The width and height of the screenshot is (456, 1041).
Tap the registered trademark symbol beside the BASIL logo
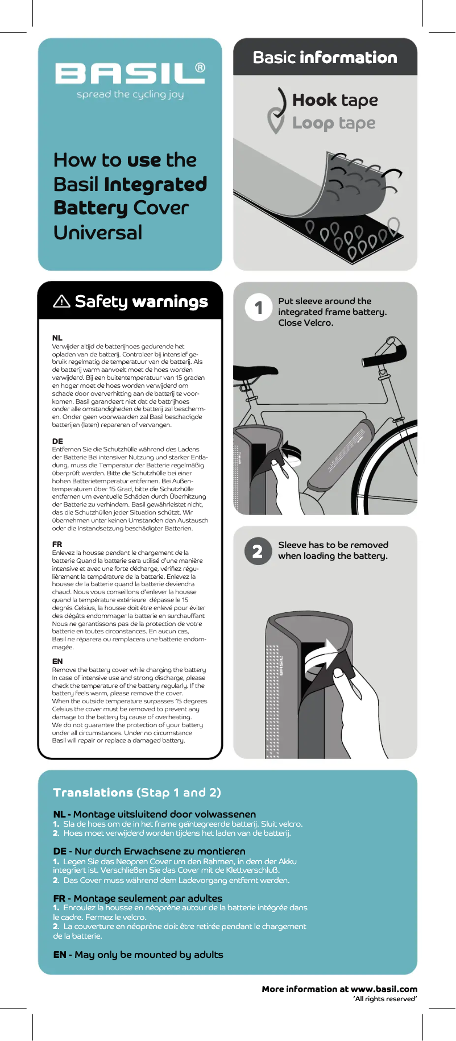tap(200, 68)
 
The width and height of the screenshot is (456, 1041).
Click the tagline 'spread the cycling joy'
tap(130, 94)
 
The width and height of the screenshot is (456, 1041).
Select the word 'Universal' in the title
tap(98, 233)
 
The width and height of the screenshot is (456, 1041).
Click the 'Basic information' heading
tap(325, 57)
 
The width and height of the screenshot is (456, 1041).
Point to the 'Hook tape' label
tap(335, 100)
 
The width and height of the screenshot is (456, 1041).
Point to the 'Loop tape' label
tap(334, 123)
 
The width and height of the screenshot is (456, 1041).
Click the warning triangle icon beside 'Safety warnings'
tap(61, 301)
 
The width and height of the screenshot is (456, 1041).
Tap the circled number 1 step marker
tap(259, 308)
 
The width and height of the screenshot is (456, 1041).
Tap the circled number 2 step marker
tap(258, 551)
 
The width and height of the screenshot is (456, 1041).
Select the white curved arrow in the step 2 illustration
tap(321, 657)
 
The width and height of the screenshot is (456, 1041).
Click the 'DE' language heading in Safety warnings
tap(57, 441)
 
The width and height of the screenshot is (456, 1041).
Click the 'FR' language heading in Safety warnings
tap(57, 544)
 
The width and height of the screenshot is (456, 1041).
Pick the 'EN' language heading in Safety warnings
tap(57, 661)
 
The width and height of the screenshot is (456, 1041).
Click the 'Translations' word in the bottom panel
tap(93, 793)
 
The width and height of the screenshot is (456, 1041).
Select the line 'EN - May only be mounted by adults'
tap(138, 955)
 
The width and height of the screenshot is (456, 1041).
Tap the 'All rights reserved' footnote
tap(385, 999)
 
